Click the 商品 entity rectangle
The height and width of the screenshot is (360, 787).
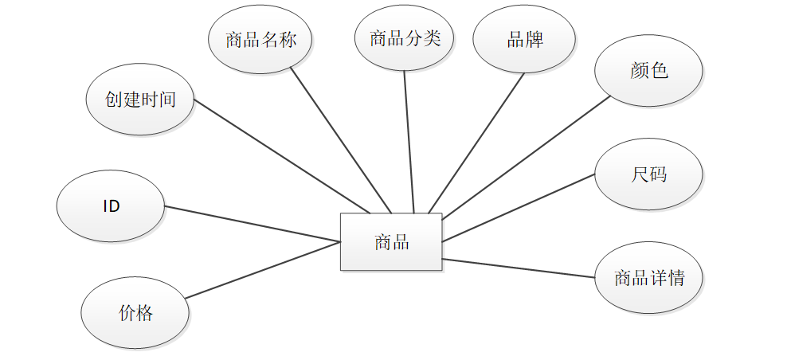point(391,242)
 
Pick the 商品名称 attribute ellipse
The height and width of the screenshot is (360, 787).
point(260,40)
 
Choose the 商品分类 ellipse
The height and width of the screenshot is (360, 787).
point(405,38)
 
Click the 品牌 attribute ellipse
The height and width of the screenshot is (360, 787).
point(525,40)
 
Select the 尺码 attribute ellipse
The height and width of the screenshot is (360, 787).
point(648,174)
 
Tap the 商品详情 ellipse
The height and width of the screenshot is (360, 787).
point(648,278)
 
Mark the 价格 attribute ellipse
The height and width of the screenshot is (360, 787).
point(135,313)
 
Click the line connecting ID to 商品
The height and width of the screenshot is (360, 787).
point(252,224)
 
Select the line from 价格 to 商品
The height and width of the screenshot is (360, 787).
point(264,270)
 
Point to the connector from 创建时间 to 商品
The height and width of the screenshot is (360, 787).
point(282,157)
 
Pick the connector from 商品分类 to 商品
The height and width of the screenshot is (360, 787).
point(409,142)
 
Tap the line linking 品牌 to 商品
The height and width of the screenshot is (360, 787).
point(476,143)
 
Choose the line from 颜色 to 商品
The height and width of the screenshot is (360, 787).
point(526,158)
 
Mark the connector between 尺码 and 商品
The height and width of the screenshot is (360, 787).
point(519,207)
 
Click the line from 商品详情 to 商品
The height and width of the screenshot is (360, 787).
point(519,268)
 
